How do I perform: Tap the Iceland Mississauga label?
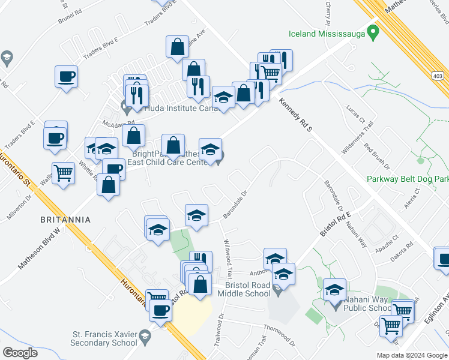[x=327, y=34]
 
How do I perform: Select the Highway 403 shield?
[x=438, y=76]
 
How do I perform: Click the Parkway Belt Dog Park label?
[x=408, y=179]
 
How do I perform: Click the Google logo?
[x=20, y=353]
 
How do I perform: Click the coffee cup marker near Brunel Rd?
[x=66, y=77]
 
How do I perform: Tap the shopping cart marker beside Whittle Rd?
[x=63, y=173]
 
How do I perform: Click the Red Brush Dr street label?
[x=377, y=157]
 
